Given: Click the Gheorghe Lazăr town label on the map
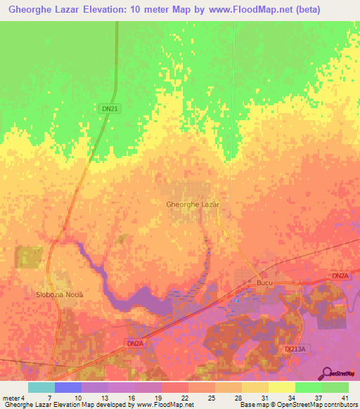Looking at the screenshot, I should point(193,204).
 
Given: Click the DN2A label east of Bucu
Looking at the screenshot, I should point(339,275).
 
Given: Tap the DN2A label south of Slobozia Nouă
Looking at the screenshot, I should point(135,342).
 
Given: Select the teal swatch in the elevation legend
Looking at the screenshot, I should point(41,387).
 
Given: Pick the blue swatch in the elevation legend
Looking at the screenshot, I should point(67,387).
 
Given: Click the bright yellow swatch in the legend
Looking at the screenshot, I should point(281,387).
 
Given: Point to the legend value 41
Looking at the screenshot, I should point(344,397).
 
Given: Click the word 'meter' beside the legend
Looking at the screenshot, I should point(11,397).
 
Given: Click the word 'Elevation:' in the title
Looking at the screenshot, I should point(114,10).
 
